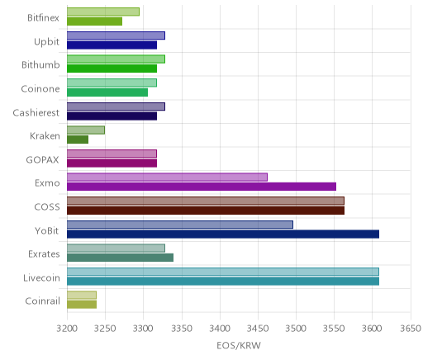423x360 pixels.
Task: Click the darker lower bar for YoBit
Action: pos(223,234)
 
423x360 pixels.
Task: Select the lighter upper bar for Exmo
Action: pos(167,177)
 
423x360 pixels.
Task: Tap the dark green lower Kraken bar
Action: pos(78,140)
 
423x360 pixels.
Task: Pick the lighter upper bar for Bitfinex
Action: pos(103,12)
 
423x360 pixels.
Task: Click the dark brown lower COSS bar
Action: pos(206,211)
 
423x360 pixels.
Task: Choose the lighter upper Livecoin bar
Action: pos(223,272)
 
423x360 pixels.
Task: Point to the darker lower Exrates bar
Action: pos(120,258)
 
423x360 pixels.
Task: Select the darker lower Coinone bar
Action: pos(107,92)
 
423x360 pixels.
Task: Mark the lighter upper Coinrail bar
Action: pos(82,295)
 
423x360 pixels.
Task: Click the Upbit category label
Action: pos(46,42)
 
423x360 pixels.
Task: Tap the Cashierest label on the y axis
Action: pos(36,112)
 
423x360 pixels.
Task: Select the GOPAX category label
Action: pos(42,159)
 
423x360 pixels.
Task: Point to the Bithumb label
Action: pos(40,64)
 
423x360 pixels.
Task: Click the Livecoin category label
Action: pos(41,277)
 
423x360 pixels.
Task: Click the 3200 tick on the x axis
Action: pos(67,329)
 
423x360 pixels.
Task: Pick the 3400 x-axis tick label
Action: pos(220,329)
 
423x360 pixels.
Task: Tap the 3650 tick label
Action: pos(411,329)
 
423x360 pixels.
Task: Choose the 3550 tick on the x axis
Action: pos(334,329)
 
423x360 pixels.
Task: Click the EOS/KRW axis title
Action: pos(239,345)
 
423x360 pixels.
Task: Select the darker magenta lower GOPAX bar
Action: pos(112,163)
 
